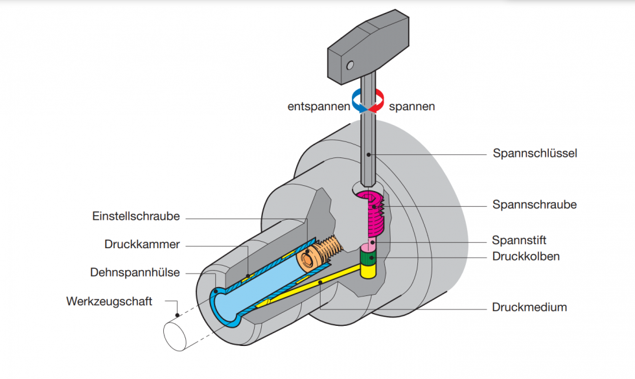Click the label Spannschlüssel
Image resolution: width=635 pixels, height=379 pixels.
click(x=535, y=154)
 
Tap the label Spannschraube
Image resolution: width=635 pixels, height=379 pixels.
click(x=535, y=205)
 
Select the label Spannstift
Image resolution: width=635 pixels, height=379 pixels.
click(x=519, y=240)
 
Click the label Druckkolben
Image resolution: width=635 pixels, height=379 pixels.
click(x=525, y=256)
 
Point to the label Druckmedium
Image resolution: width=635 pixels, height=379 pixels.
click(x=529, y=307)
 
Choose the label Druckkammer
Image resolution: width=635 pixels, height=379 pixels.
click(x=142, y=244)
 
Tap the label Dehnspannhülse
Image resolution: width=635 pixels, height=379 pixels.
click(x=135, y=273)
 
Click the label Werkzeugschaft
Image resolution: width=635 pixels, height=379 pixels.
click(x=109, y=301)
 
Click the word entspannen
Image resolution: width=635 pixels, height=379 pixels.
click(x=318, y=106)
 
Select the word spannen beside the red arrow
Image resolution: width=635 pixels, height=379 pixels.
click(x=411, y=106)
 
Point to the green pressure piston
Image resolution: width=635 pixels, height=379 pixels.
click(x=369, y=258)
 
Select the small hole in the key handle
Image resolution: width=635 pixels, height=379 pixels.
click(x=350, y=65)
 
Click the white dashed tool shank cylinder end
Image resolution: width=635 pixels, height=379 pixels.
click(x=177, y=335)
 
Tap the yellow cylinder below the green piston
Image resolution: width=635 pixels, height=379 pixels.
click(x=369, y=271)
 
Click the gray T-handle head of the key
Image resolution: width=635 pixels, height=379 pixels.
click(x=366, y=49)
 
